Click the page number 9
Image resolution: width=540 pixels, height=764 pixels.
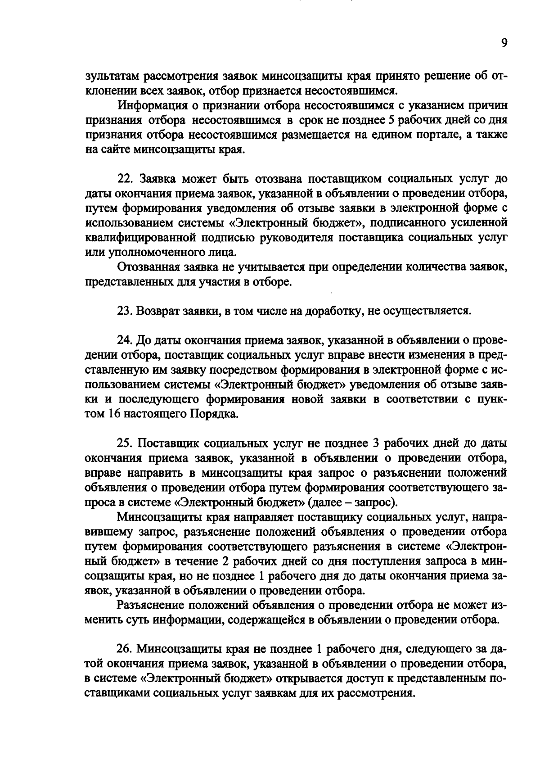504,43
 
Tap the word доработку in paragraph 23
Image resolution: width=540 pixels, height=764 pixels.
334,311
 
